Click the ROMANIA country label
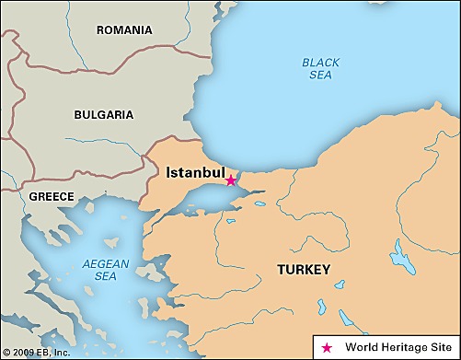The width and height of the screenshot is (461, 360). click(x=124, y=30)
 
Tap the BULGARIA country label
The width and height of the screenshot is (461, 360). click(x=103, y=115)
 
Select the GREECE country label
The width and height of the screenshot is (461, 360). click(x=51, y=196)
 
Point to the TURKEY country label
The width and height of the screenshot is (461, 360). click(x=304, y=270)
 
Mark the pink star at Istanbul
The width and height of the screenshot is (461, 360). click(x=231, y=180)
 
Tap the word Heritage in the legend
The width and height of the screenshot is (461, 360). click(x=406, y=347)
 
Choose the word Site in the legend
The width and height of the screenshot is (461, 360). click(x=444, y=347)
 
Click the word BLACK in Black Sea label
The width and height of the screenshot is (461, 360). click(x=320, y=63)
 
